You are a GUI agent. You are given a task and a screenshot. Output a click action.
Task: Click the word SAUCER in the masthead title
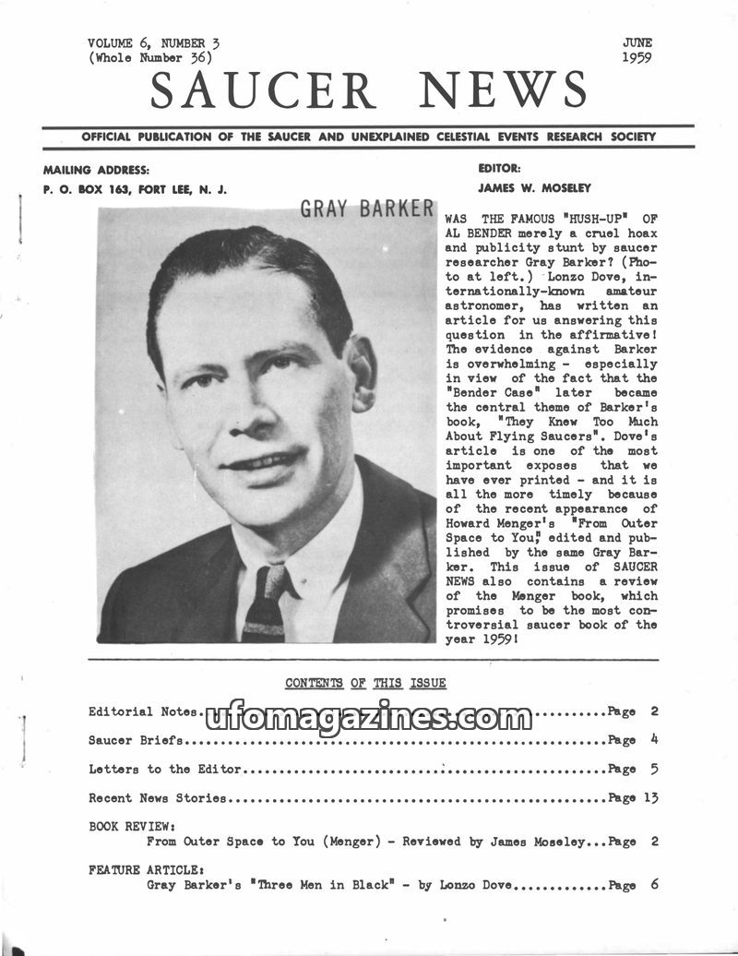[x=263, y=90]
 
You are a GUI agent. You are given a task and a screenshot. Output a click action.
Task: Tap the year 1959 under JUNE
[x=637, y=57]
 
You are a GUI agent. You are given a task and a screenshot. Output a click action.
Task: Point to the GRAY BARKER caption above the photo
[x=366, y=208]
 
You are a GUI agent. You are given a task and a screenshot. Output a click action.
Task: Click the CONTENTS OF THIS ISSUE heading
[x=365, y=684]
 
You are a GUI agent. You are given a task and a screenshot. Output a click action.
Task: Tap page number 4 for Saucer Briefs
[x=653, y=740]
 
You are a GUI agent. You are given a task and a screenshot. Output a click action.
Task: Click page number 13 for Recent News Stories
[x=651, y=797]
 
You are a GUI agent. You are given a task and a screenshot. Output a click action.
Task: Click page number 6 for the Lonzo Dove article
[x=653, y=885]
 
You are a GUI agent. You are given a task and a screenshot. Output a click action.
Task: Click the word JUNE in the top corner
[x=637, y=42]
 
